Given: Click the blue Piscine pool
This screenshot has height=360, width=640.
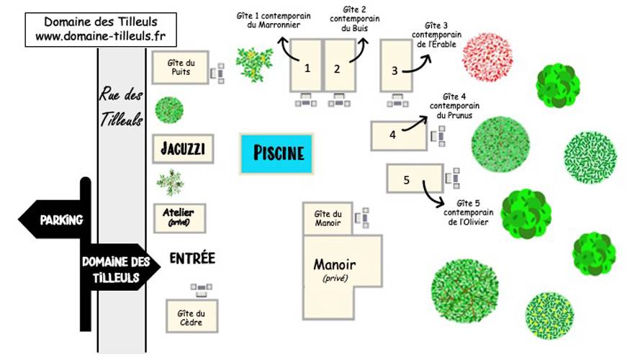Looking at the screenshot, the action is point(276,153).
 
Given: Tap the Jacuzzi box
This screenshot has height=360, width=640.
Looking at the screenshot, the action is point(183,149).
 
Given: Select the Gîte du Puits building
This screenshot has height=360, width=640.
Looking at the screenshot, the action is point(181,68).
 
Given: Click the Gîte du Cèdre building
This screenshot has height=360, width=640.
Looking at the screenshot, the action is point(191,316).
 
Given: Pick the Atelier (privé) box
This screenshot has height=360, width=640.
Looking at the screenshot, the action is point(179,218).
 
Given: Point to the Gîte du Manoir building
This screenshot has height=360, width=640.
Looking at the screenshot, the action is point(328,218).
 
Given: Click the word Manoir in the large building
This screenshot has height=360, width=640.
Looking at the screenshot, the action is point(334,264).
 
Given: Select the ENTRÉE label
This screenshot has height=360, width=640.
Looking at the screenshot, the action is point(192,258).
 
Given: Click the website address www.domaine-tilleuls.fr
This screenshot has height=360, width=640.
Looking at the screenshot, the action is point(100,36).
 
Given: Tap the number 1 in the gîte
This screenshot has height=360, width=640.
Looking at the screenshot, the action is point(307,68).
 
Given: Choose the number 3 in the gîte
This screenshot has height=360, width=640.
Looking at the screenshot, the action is point(395,71).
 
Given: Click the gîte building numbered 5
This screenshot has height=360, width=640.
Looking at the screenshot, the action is point(415,179).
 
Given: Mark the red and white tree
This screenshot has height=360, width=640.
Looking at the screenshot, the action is point(487,58).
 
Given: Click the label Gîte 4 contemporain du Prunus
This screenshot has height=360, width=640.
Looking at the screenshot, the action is point(454,106).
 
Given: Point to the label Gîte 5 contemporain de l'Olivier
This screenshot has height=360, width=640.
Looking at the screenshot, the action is point(468,212).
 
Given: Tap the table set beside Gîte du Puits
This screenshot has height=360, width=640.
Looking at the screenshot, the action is point(217,73).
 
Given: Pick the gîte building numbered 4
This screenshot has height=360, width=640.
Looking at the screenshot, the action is point(399,135).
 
